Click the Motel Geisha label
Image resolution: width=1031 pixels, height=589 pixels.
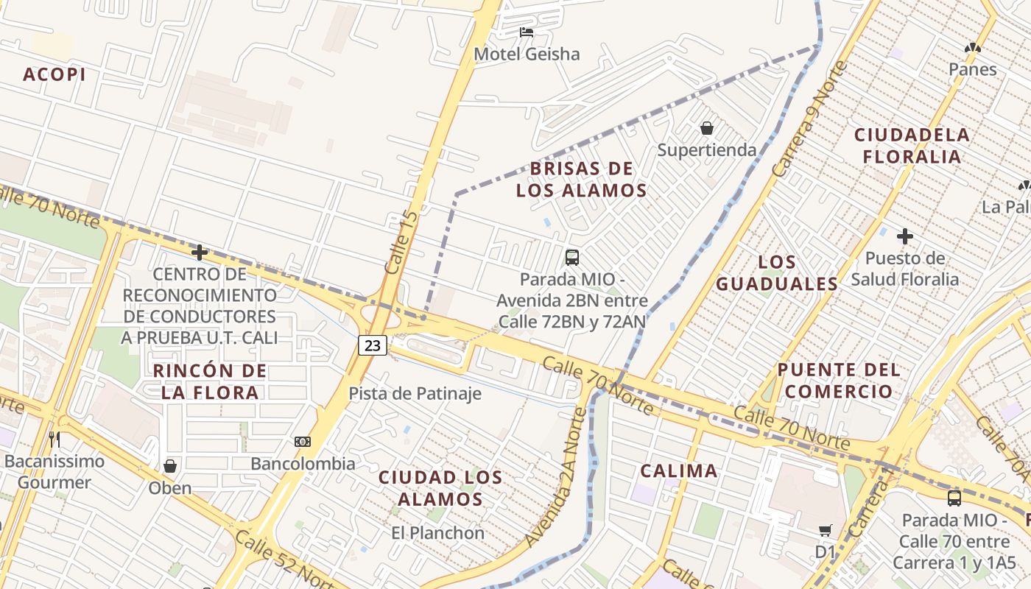(527, 54)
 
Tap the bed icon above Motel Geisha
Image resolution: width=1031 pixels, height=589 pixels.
(527, 32)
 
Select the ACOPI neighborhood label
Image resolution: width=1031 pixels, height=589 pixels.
(54, 74)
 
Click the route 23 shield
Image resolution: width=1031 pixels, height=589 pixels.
(373, 345)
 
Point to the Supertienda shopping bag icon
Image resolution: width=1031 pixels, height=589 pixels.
(707, 128)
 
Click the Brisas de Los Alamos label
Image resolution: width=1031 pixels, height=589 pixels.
(581, 180)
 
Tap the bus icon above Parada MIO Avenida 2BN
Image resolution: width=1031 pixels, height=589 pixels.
(572, 257)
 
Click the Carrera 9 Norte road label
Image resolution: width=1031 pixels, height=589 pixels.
(806, 129)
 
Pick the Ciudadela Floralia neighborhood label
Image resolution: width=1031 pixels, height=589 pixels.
(912, 146)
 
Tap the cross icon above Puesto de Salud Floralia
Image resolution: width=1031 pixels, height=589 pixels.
(905, 236)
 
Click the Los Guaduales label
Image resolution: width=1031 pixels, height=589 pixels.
(777, 273)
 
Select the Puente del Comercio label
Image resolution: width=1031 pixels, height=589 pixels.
(838, 380)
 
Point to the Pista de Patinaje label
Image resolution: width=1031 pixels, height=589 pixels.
(415, 393)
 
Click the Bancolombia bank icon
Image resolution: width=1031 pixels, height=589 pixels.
(302, 442)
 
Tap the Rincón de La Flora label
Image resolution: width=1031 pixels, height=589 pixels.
(210, 381)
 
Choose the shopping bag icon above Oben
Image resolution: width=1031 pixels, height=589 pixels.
(170, 466)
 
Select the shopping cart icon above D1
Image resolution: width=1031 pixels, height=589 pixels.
(826, 530)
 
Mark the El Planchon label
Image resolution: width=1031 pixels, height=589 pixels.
(437, 533)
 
